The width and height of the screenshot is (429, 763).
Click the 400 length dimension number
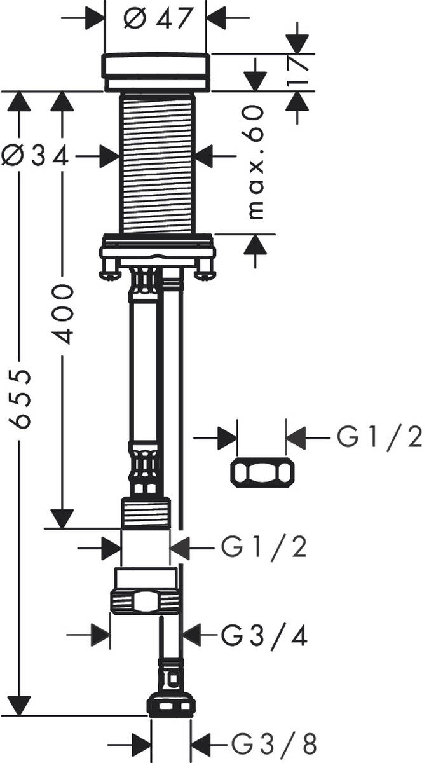[x=62, y=314]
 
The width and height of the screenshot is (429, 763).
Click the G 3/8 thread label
[x=273, y=743]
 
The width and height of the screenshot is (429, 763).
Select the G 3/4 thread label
[x=264, y=634]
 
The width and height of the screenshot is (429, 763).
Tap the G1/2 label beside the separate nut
[x=379, y=438]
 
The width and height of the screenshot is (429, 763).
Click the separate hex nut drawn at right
[x=262, y=472]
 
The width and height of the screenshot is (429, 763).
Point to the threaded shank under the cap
[x=157, y=162]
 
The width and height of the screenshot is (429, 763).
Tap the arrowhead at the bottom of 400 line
[x=62, y=518]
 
